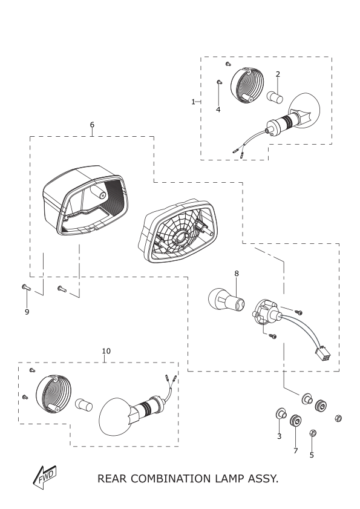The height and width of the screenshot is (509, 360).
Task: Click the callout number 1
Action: pyautogui.click(x=193, y=102)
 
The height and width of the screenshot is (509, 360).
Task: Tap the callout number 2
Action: pyautogui.click(x=278, y=74)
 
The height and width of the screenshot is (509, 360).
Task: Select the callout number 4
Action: pyautogui.click(x=218, y=110)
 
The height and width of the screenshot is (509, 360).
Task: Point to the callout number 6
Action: pyautogui.click(x=92, y=125)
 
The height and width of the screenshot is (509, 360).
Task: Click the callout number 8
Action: pyautogui.click(x=237, y=274)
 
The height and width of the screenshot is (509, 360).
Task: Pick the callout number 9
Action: pyautogui.click(x=27, y=312)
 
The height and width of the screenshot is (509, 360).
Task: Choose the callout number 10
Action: pyautogui.click(x=106, y=351)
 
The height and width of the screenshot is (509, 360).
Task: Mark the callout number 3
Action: pyautogui.click(x=279, y=436)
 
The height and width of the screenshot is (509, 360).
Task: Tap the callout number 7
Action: pyautogui.click(x=296, y=451)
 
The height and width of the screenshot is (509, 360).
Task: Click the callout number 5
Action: pyautogui.click(x=312, y=455)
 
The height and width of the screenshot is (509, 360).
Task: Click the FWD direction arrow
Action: pyautogui.click(x=45, y=478)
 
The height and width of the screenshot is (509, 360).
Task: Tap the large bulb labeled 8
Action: pyautogui.click(x=226, y=300)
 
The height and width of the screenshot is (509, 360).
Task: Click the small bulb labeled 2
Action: pyautogui.click(x=275, y=97)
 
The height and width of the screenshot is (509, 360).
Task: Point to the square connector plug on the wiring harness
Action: pyautogui.click(x=322, y=355)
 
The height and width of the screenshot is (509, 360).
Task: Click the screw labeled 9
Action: pyautogui.click(x=25, y=287)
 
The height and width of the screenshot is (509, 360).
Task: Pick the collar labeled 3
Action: pyautogui.click(x=281, y=414)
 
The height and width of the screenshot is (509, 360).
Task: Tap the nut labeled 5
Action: pyautogui.click(x=312, y=433)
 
